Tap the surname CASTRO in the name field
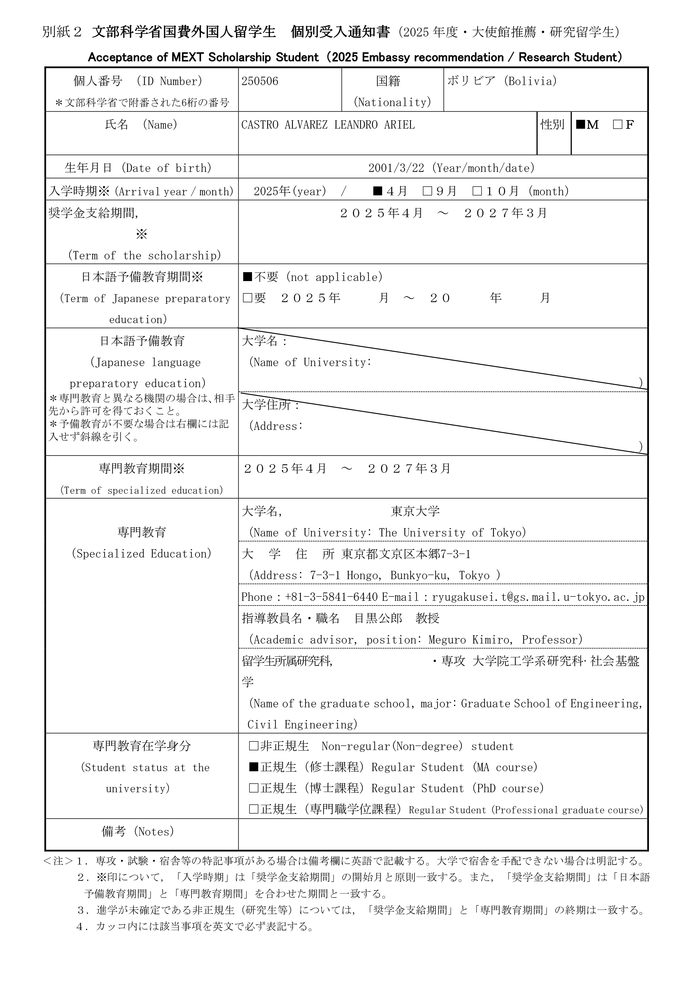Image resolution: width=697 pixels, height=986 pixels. (x=260, y=125)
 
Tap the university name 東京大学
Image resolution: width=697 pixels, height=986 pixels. (x=415, y=511)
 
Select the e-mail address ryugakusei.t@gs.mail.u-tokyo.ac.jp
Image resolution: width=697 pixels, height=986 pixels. (x=538, y=597)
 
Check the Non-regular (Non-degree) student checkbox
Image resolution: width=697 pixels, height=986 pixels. (x=254, y=746)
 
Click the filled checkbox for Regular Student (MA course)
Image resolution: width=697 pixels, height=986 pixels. (x=254, y=767)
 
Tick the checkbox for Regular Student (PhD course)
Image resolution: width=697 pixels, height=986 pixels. (x=254, y=788)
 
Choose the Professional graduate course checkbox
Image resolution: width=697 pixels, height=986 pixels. (x=254, y=809)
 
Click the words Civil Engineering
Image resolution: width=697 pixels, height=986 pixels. (x=302, y=725)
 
